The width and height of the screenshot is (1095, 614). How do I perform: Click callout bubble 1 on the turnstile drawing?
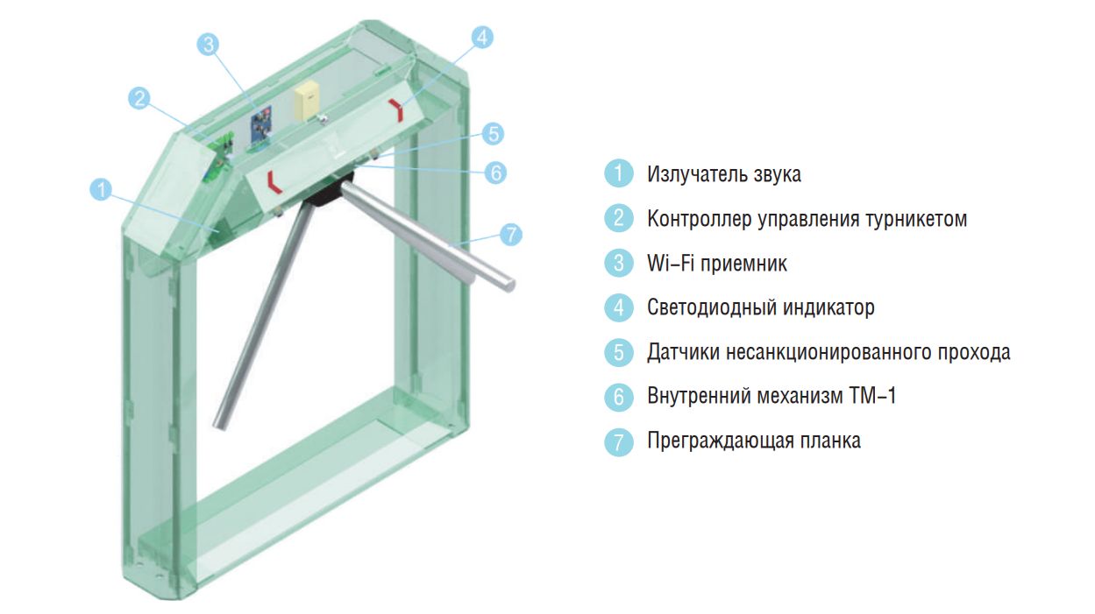click(101, 189)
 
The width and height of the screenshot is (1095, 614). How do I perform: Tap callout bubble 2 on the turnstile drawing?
click(139, 98)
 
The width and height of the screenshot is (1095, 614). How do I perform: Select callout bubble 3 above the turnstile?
click(209, 45)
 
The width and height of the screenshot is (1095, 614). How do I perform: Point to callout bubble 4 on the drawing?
click(482, 37)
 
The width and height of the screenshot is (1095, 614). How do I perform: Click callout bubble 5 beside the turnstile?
click(493, 133)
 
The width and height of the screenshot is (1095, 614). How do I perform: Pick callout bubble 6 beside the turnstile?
click(495, 173)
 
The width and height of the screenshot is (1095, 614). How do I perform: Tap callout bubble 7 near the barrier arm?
click(511, 235)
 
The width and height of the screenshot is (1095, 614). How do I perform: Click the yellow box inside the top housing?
click(307, 102)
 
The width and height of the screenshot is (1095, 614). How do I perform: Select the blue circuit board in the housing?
click(261, 126)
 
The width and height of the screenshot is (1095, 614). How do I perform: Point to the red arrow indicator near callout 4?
click(396, 109)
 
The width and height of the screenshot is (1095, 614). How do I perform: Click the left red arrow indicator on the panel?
click(274, 182)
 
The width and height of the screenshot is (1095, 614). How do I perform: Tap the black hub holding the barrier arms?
click(328, 190)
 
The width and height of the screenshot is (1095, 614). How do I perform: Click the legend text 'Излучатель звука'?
click(724, 174)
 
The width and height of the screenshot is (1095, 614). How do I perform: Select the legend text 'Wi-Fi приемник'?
click(717, 264)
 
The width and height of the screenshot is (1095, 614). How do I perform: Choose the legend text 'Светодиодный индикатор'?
click(761, 307)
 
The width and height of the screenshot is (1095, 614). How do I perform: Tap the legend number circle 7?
click(618, 441)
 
